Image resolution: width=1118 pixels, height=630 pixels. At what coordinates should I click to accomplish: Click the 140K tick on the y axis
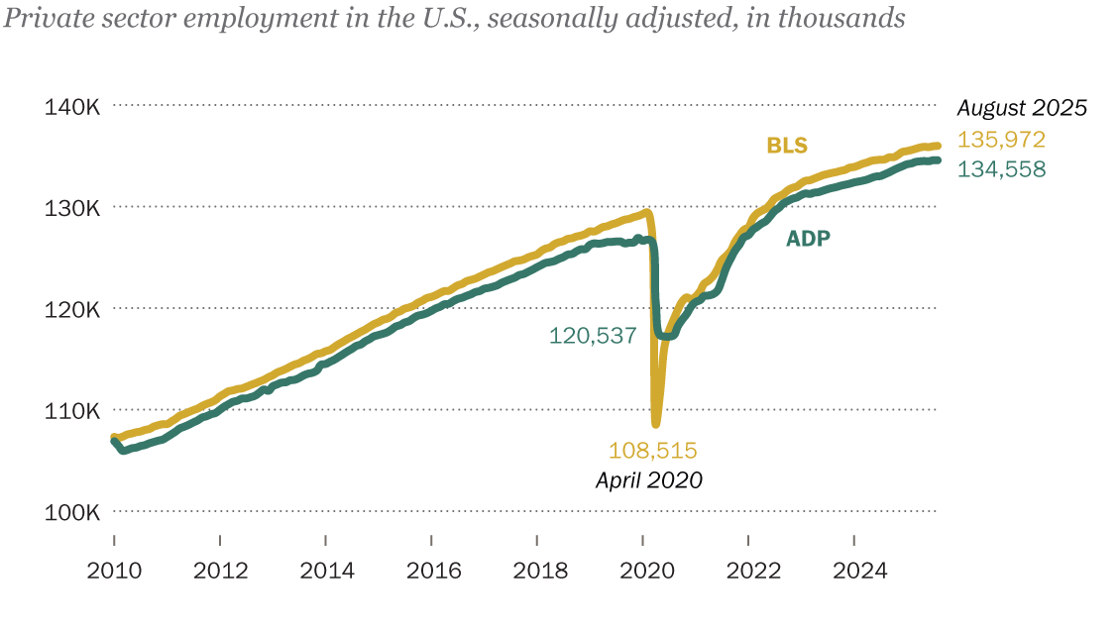[72, 105]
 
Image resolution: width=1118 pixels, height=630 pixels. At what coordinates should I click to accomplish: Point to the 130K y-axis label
[72, 207]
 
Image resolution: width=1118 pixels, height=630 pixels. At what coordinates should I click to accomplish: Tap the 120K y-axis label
[72, 309]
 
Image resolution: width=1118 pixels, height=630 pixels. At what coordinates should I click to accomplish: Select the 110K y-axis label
[72, 410]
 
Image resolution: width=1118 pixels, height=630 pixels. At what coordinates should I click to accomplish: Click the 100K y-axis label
[72, 512]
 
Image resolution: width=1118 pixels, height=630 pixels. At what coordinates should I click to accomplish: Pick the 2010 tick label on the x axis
[115, 571]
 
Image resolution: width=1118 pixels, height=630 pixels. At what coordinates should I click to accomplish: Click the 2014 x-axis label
[327, 571]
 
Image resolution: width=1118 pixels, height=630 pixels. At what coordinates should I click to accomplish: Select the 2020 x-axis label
[645, 571]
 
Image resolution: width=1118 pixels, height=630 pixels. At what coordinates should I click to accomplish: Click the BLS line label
[787, 146]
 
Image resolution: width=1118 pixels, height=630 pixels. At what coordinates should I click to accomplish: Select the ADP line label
[808, 239]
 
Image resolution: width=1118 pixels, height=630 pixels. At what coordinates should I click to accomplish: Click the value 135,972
[1001, 140]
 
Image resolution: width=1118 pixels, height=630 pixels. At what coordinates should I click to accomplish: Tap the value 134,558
[1001, 168]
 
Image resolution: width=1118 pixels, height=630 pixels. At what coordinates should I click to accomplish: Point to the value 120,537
[592, 336]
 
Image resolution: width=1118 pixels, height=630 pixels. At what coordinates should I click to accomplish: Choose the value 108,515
[652, 451]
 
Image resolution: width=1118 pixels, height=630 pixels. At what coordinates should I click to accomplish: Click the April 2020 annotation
[648, 480]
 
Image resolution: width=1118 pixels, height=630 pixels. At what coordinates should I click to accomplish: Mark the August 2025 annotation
[1022, 108]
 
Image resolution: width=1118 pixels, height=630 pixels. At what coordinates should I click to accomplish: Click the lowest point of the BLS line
[655, 424]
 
